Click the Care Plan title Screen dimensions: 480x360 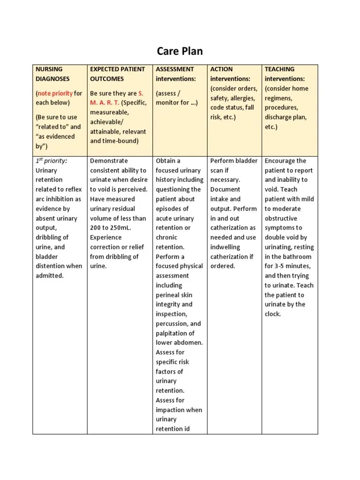tap(180, 51)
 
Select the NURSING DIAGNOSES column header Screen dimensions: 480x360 tap(52, 74)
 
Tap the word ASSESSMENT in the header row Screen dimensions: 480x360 tap(175, 69)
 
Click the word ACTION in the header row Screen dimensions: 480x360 tap(221, 69)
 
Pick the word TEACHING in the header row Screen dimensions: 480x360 tap(279, 69)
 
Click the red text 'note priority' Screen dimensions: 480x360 tap(55, 93)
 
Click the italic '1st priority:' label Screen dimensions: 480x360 tap(52, 161)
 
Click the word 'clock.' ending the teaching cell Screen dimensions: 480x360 tap(273, 314)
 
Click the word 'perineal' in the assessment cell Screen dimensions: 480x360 tap(168, 295)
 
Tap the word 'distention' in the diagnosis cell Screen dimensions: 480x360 tap(51, 266)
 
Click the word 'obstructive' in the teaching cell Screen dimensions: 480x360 tap(281, 218)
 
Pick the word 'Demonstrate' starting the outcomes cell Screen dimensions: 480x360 tap(109, 161)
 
